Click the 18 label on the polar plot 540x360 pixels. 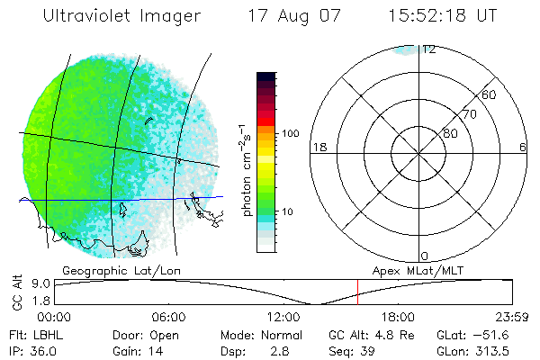(318, 148)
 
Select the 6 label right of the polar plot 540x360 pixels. (523, 148)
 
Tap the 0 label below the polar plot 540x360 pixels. (426, 256)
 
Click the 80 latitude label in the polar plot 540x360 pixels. (450, 133)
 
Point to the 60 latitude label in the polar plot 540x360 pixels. (489, 94)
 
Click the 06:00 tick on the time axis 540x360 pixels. (168, 317)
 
